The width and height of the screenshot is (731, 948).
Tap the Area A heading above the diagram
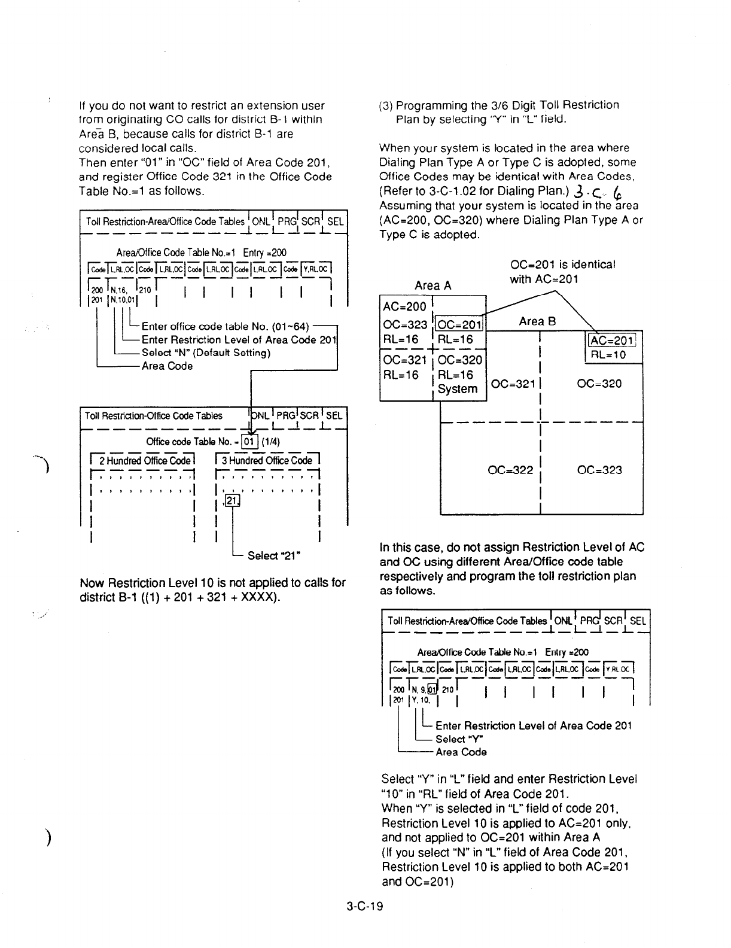pos(433,285)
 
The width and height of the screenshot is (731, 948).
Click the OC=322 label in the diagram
pos(510,470)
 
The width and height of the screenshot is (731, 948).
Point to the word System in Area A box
pos(458,389)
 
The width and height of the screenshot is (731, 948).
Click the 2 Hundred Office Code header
pos(145,460)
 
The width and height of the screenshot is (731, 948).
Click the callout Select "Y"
pos(455,739)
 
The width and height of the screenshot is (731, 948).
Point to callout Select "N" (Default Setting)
pos(206,353)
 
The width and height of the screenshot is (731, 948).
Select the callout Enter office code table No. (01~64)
pos(224,326)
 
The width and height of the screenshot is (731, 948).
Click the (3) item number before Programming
pos(386,105)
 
